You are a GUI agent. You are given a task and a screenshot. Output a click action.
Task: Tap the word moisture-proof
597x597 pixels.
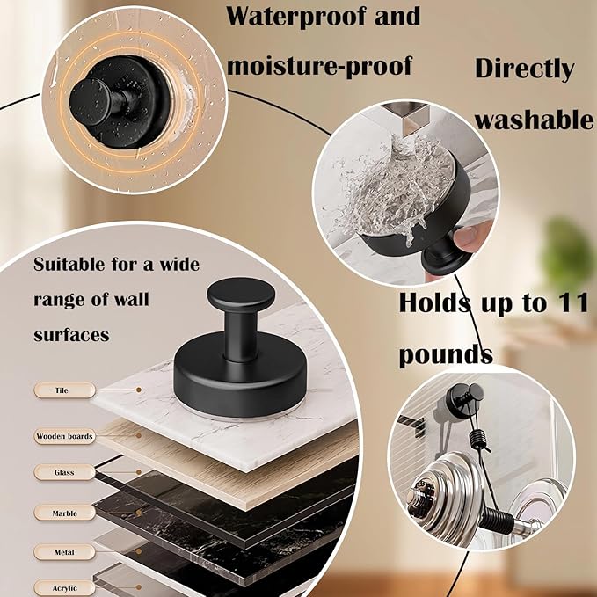point(318,65)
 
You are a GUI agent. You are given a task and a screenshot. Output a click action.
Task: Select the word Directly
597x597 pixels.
point(525,69)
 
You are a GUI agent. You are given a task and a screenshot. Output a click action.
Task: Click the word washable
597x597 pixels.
point(535,120)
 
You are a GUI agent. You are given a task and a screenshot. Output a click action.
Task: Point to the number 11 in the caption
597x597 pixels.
point(566,304)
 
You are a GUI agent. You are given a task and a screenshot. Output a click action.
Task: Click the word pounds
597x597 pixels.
point(446,355)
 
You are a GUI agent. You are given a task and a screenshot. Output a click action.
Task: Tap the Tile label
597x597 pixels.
point(61,389)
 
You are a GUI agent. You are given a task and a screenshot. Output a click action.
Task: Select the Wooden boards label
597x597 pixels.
point(64,435)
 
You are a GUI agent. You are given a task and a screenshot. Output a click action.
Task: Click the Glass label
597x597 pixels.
point(63,473)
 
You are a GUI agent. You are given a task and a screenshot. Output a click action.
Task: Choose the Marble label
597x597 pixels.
point(64,513)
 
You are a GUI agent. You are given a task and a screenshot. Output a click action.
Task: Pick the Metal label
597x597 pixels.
point(64,552)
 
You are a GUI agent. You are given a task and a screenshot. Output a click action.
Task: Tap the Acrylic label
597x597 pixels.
point(64,588)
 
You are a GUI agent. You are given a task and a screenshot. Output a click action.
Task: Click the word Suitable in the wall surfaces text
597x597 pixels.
point(71,265)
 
